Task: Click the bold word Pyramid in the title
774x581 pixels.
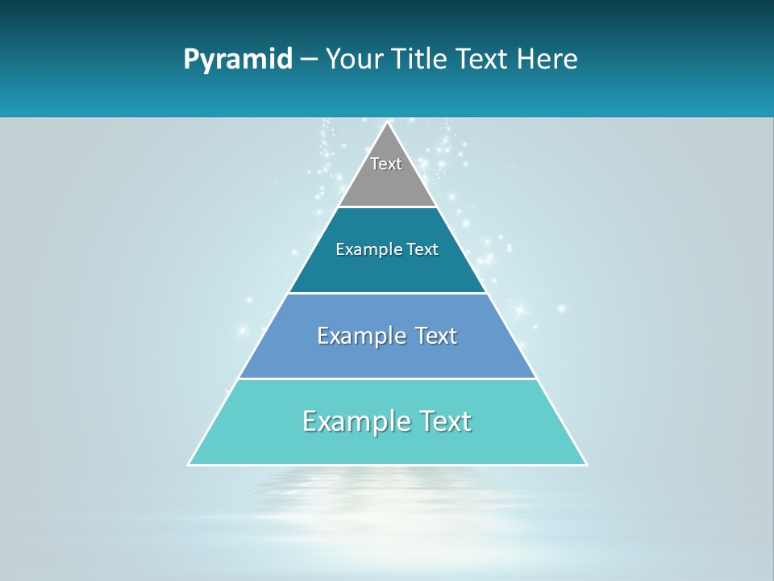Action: pyautogui.click(x=238, y=60)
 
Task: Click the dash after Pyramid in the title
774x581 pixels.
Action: pyautogui.click(x=308, y=60)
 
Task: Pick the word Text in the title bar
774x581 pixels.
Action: pyautogui.click(x=483, y=60)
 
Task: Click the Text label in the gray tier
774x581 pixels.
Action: pyautogui.click(x=386, y=164)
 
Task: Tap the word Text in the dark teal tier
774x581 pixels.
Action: pyautogui.click(x=423, y=250)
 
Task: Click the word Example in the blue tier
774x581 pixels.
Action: pyautogui.click(x=359, y=336)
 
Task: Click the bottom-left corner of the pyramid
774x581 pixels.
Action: pyautogui.click(x=189, y=465)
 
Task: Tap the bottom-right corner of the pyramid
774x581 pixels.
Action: pyautogui.click(x=586, y=465)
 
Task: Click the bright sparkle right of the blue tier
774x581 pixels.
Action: pyautogui.click(x=520, y=308)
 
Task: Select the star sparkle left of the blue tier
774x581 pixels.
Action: pyautogui.click(x=240, y=330)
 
